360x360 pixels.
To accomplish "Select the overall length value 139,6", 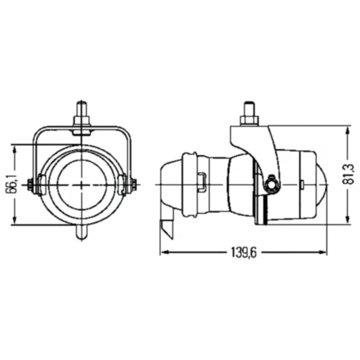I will pos(244,253).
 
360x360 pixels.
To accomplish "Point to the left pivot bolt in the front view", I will pos(33,184).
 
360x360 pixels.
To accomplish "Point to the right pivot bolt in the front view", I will pos(132,184).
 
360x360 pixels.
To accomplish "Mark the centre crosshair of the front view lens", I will pos(82,185).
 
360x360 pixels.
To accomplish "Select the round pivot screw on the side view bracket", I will pos(271,184).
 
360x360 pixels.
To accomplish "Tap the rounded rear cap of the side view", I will pos(170,185).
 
